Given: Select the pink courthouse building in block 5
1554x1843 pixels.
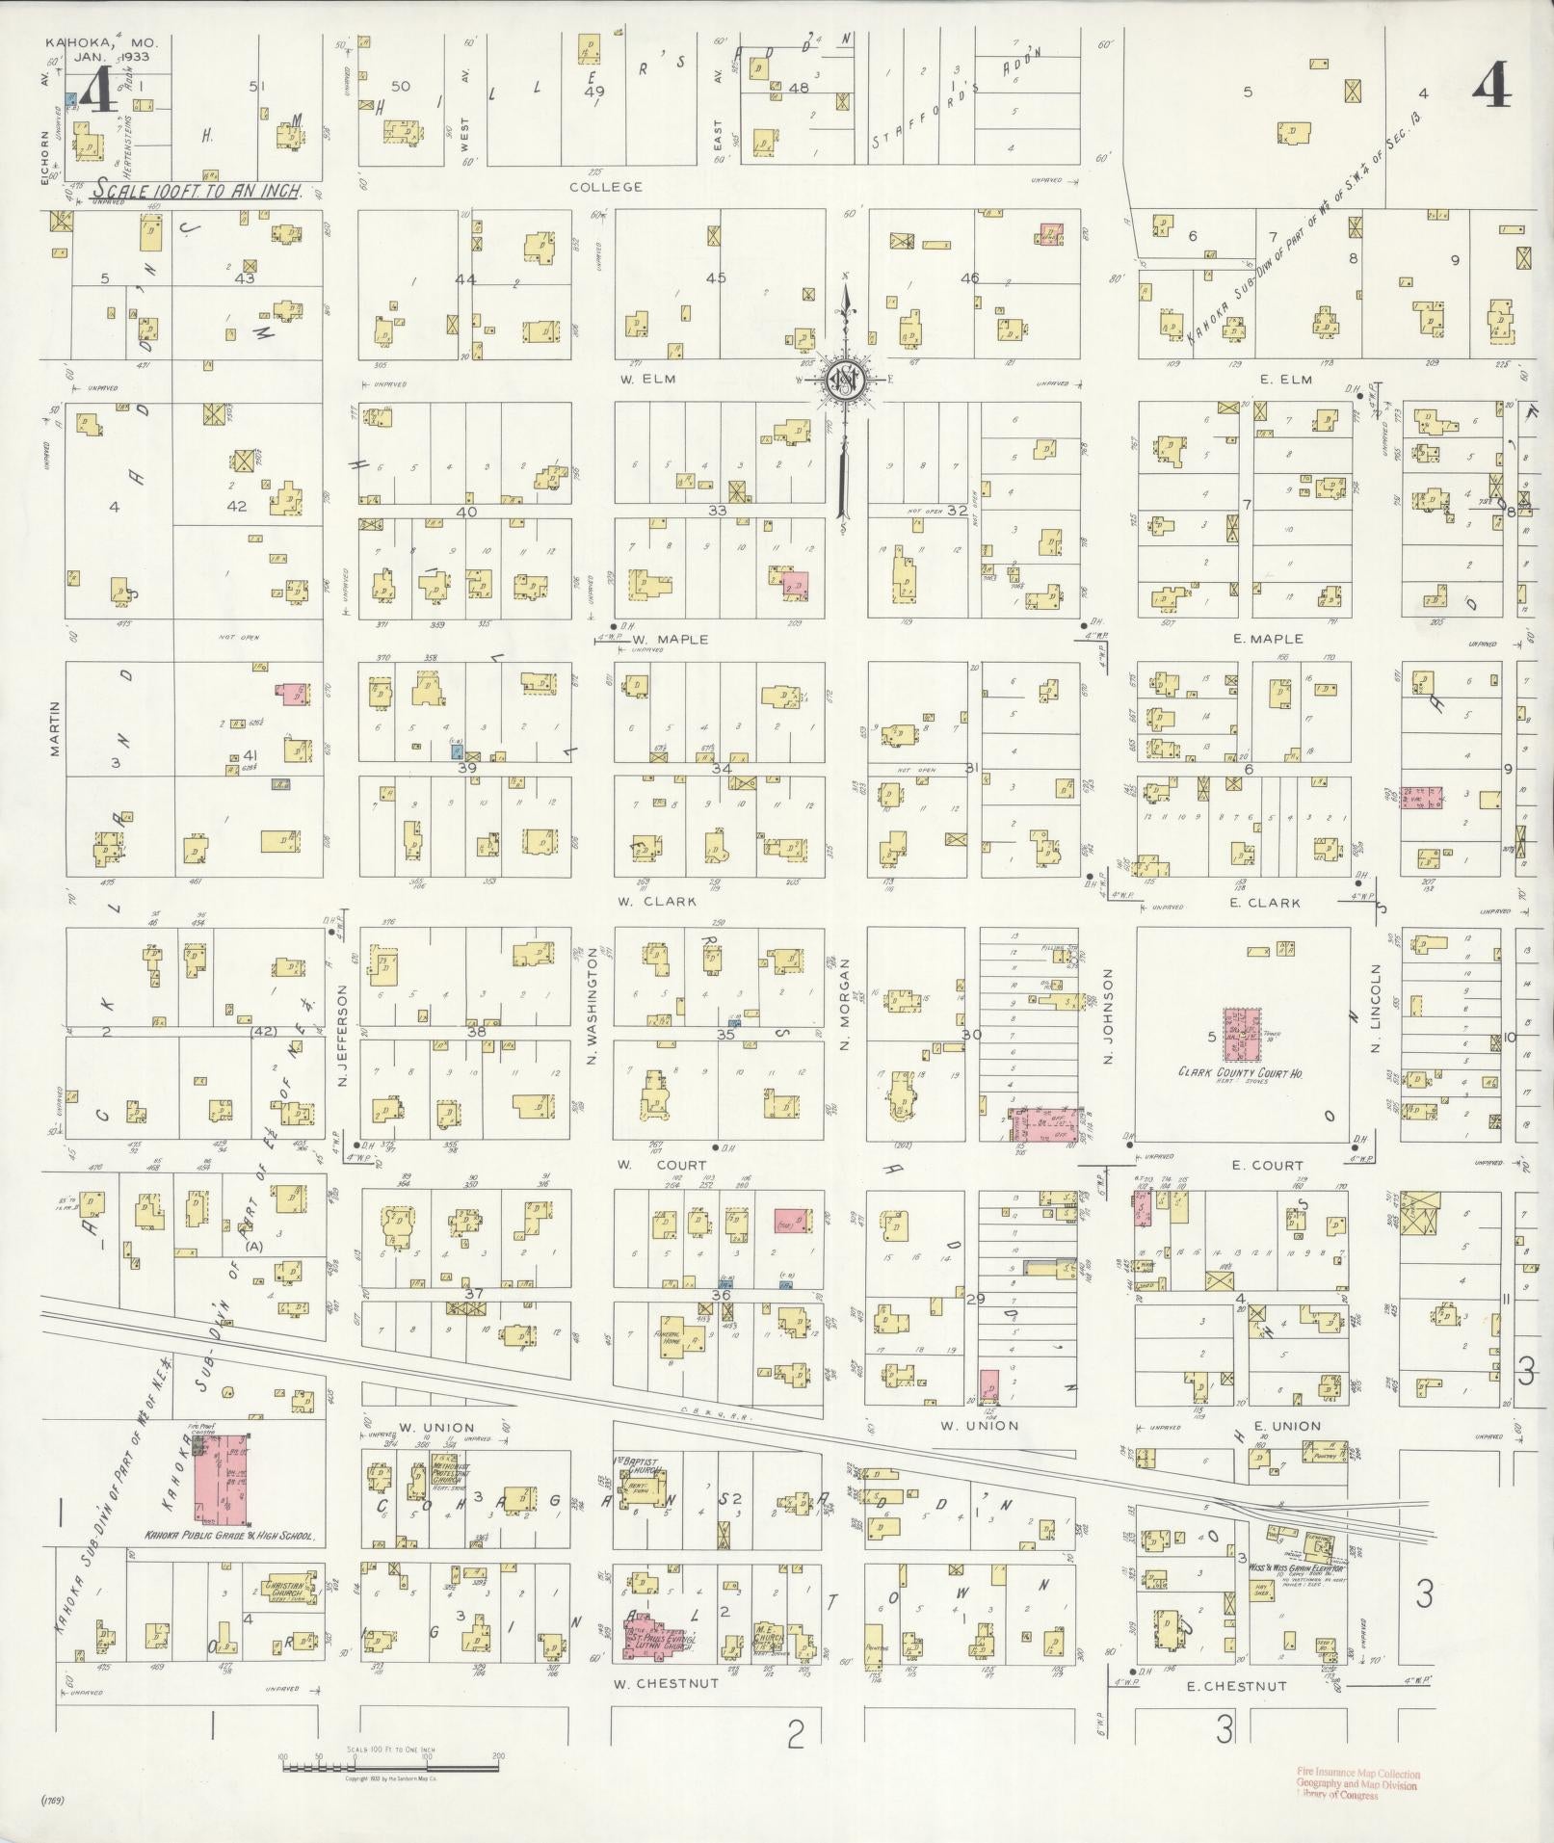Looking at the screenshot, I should coord(1242,1035).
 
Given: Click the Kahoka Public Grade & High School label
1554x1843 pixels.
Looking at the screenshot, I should coord(229,1539).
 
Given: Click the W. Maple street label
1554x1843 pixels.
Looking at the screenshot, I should coord(671,639).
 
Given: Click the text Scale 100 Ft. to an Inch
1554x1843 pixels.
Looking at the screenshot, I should coord(197,192).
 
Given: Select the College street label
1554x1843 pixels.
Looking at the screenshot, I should coord(605,187).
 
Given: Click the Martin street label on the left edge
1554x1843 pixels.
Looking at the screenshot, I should coord(55,728).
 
